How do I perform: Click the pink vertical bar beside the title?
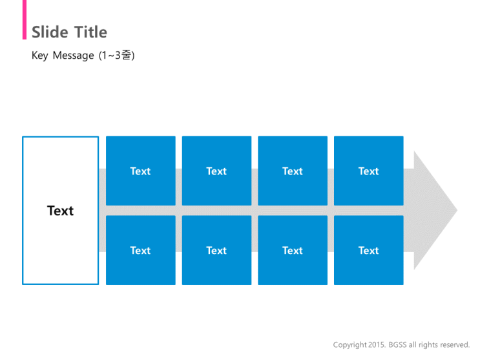(25, 19)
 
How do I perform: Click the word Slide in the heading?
(50, 32)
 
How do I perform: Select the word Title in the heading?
(90, 32)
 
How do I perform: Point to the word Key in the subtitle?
(40, 56)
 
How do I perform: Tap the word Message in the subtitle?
(74, 56)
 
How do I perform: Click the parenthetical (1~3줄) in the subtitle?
(117, 55)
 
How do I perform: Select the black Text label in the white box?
(60, 211)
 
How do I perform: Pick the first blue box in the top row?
(141, 171)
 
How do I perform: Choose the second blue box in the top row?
(216, 171)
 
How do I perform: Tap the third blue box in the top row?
(293, 171)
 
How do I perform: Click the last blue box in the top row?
(369, 171)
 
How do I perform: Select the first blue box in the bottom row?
(141, 250)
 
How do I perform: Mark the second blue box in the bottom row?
(216, 250)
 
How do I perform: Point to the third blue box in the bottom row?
(293, 250)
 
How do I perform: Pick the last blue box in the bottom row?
(369, 250)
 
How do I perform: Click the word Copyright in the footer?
(350, 345)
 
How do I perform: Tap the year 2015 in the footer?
(377, 344)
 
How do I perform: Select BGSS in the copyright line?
(398, 344)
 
